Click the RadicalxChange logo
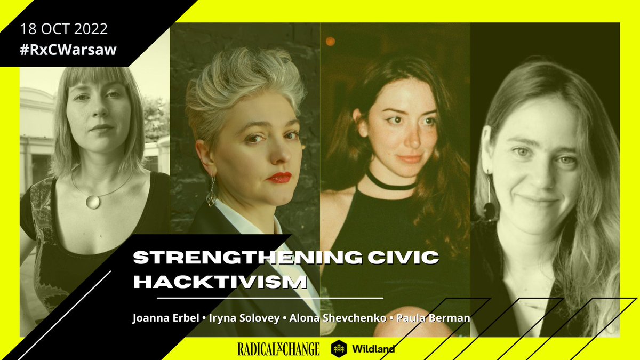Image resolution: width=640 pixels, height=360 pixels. tap(279, 349)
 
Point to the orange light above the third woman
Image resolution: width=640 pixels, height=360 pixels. tap(330, 41)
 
